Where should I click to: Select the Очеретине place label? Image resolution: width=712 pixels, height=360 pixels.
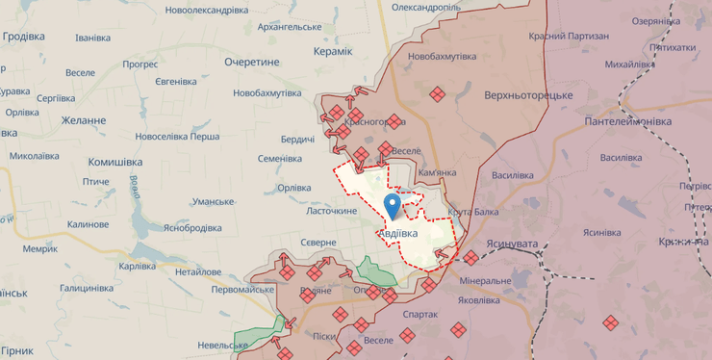click(251, 62)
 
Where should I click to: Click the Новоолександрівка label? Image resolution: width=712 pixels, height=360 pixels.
click(207, 10)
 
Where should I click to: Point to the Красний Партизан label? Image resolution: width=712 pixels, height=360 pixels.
click(569, 36)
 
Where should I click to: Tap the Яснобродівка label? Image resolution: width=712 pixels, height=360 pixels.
click(192, 228)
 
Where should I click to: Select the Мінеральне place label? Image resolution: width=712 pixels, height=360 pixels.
click(486, 281)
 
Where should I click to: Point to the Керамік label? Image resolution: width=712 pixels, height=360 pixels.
click(333, 52)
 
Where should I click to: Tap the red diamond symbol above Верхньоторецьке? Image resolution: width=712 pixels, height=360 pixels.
click(437, 93)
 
